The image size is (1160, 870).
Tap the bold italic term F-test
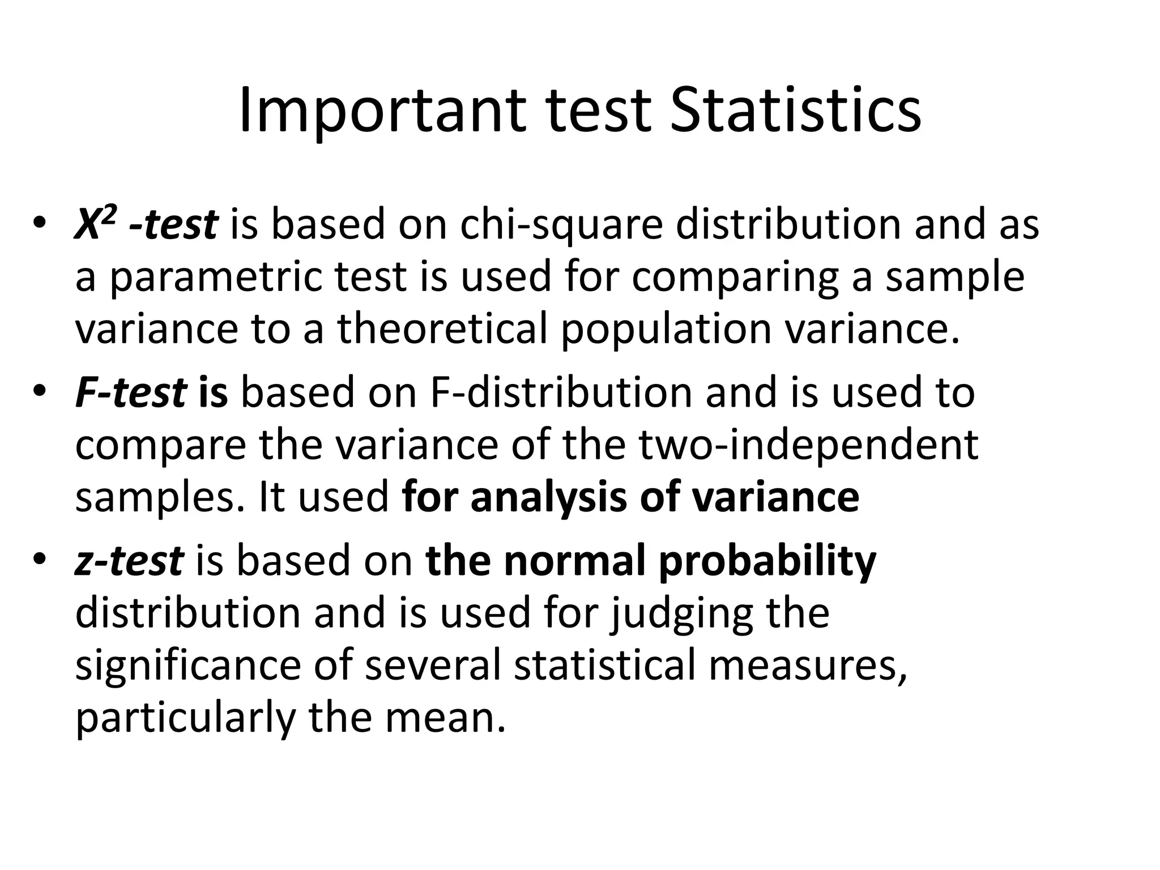click(131, 393)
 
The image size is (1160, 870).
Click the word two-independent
click(809, 445)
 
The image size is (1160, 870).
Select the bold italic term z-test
click(129, 561)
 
